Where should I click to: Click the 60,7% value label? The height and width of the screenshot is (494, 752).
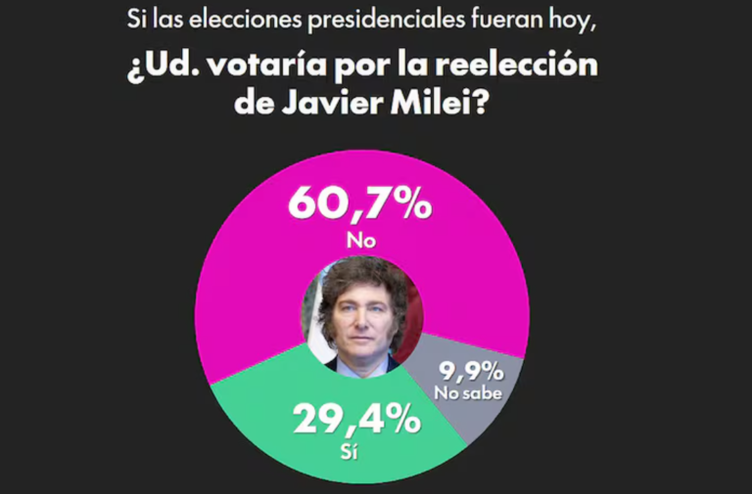tap(359, 203)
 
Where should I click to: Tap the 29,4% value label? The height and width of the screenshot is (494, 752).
tap(357, 420)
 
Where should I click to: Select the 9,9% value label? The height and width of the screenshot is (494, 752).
tap(470, 372)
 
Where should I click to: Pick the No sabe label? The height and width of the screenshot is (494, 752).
tap(469, 393)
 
